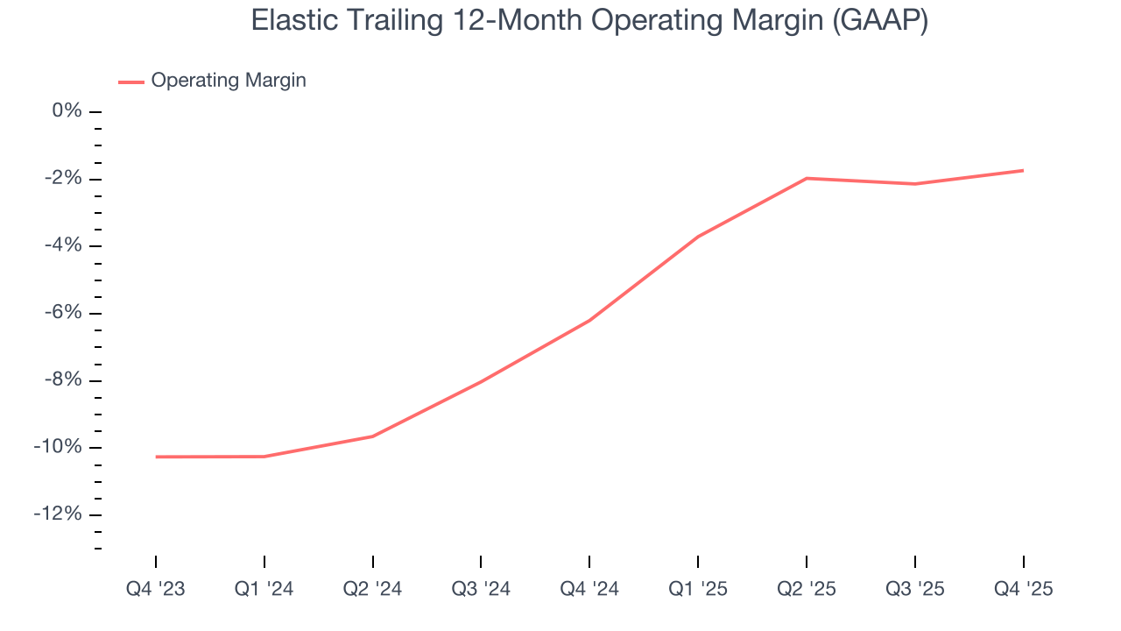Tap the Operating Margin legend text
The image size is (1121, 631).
pos(229,81)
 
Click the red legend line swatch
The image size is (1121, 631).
pos(131,82)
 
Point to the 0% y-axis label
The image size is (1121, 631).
pos(67,111)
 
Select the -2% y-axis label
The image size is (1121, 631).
pos(63,179)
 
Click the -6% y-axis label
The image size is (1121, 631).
pos(63,313)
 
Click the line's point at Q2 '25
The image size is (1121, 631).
pos(807,178)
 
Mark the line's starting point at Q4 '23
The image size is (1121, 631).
pos(156,457)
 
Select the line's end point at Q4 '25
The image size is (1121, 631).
pos(1023,170)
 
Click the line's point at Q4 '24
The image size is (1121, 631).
pos(589,320)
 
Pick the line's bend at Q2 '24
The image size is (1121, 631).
pos(373,436)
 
